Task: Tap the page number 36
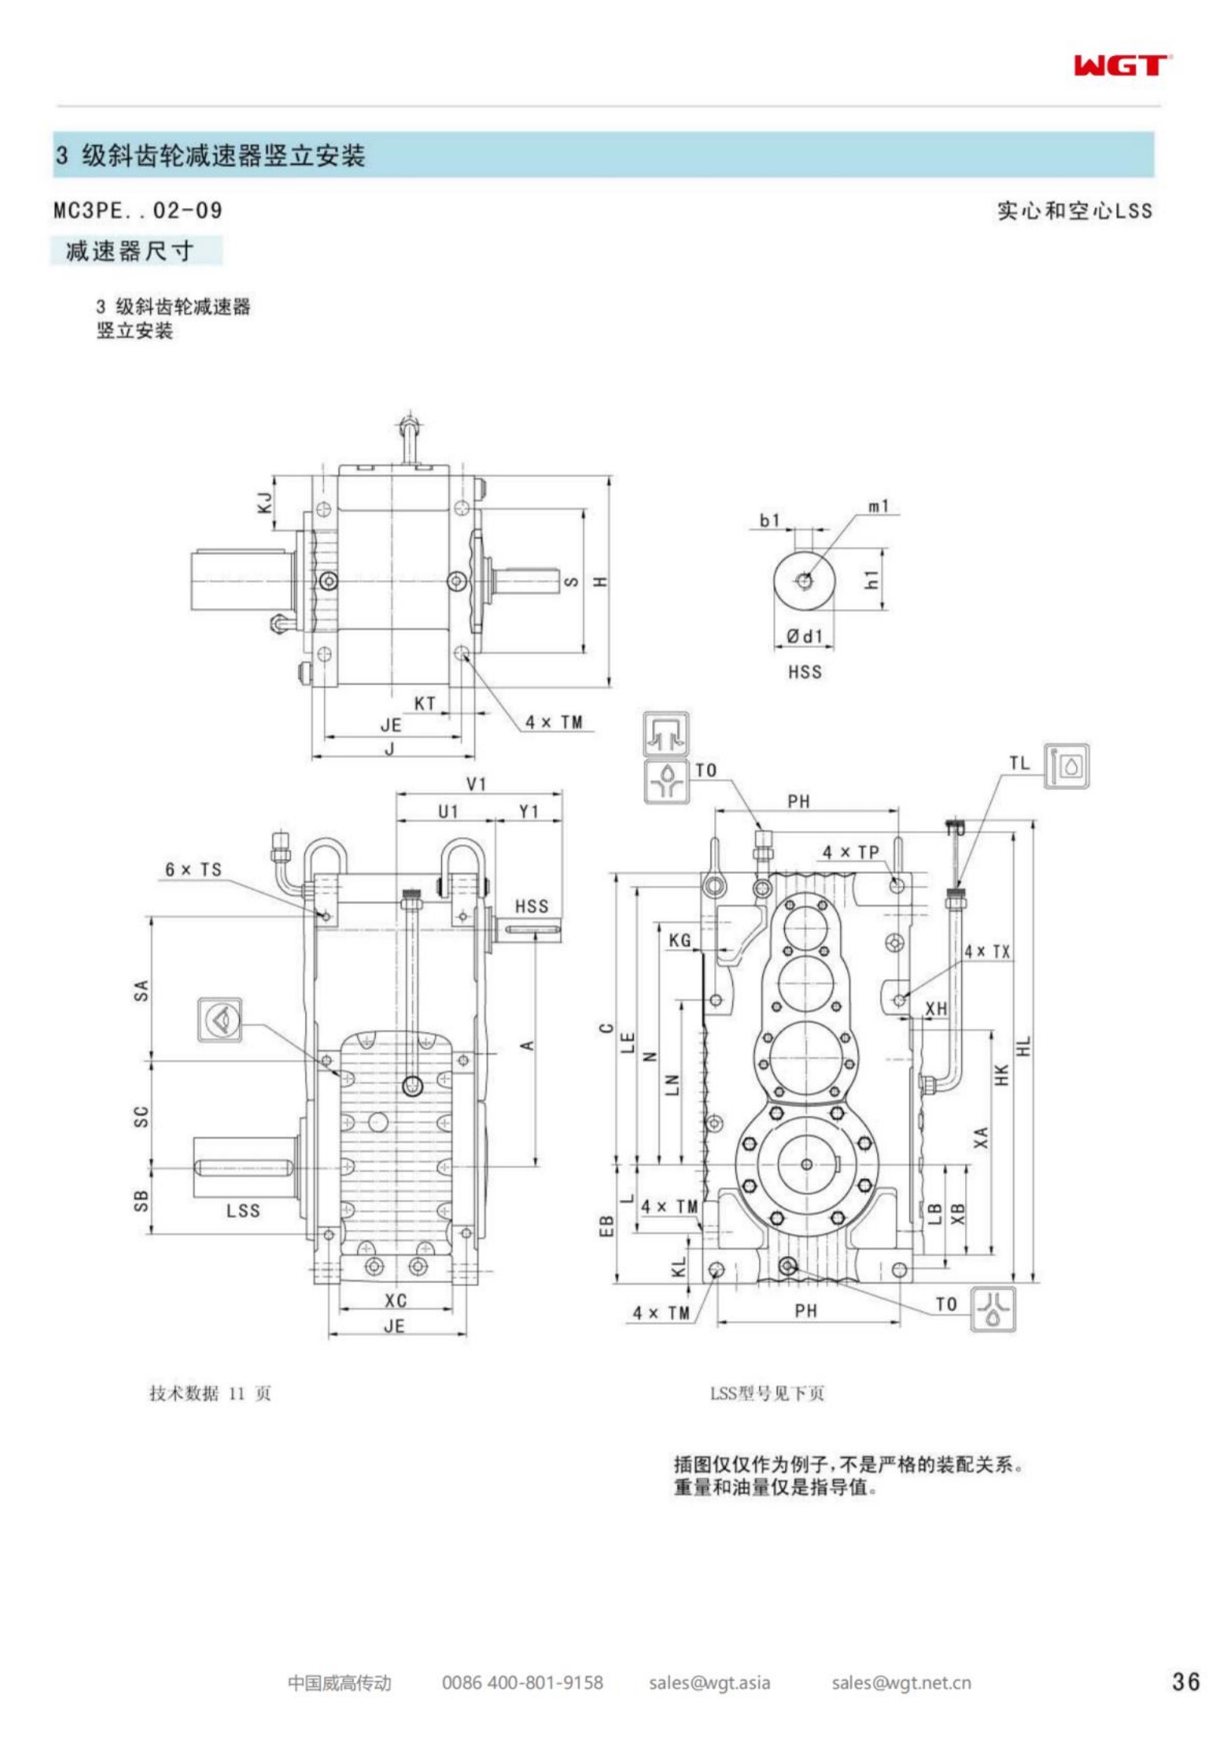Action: coord(1185,1681)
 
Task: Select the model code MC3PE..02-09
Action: coord(137,210)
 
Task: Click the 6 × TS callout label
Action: coord(193,869)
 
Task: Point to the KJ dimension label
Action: coord(265,502)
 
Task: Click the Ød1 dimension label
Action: coord(804,636)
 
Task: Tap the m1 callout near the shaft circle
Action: coord(878,506)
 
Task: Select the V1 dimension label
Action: coord(476,784)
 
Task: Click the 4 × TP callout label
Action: coord(850,852)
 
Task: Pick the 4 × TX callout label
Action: coord(987,951)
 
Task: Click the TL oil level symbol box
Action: coord(1065,767)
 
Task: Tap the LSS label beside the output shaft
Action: coord(243,1210)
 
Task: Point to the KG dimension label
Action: coord(679,941)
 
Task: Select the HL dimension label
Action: coord(1024,1047)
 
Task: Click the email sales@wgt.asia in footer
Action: coord(709,1682)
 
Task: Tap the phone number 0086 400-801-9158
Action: coord(522,1682)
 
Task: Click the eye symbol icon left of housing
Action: coord(220,1020)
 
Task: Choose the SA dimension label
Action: coord(141,990)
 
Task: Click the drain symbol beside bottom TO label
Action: coord(992,1309)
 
